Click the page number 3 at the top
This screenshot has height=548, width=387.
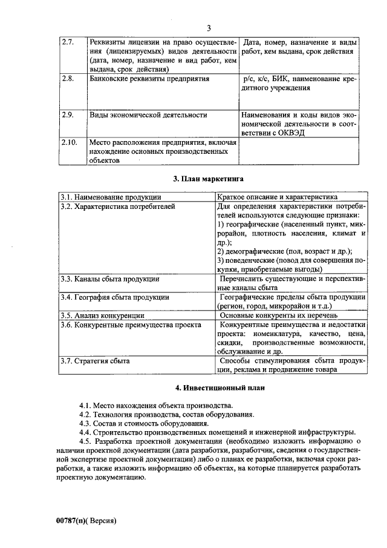tap(208, 28)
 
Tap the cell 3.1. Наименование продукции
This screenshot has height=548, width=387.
tap(111, 197)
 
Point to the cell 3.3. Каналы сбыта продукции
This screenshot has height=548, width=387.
tap(109, 279)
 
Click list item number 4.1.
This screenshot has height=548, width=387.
tap(85, 405)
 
